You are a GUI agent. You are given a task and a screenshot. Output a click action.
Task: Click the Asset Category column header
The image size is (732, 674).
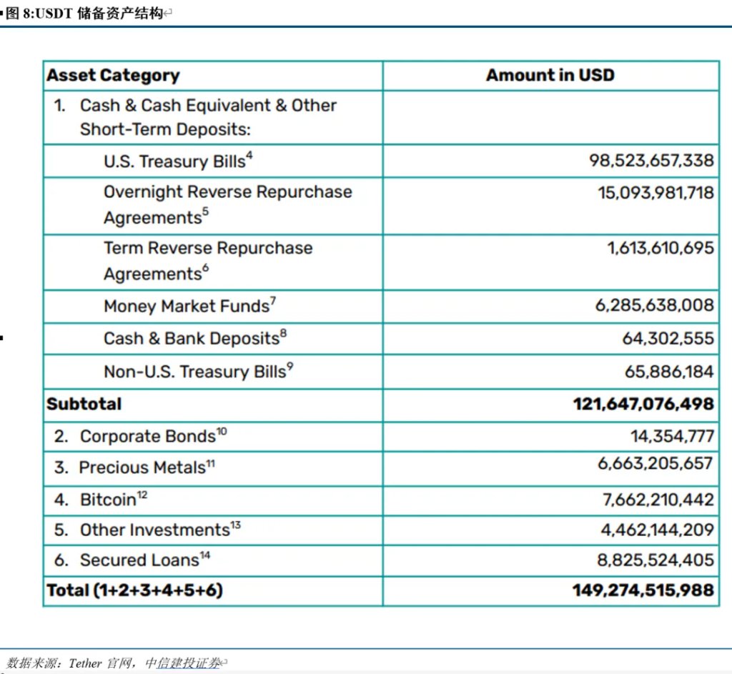tap(113, 75)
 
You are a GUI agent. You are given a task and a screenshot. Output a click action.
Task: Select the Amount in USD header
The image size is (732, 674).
tap(550, 75)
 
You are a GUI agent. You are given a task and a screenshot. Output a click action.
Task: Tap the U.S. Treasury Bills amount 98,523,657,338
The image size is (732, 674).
tap(651, 161)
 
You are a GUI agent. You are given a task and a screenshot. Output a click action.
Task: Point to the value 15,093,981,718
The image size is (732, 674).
tap(656, 192)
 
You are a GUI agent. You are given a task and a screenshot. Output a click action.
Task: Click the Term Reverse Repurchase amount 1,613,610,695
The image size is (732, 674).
tap(661, 248)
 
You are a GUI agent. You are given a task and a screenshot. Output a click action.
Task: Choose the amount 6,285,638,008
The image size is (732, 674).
tap(654, 306)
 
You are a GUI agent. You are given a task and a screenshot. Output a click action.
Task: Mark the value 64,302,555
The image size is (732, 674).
tap(668, 338)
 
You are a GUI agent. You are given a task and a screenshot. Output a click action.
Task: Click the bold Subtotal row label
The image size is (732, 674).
tap(84, 404)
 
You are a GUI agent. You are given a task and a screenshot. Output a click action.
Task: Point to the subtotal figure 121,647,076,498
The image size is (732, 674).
tap(643, 404)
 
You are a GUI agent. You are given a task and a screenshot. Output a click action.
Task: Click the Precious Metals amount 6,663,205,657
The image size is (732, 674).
tap(656, 463)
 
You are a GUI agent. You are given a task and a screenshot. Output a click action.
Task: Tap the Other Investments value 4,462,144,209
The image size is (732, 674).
tap(657, 530)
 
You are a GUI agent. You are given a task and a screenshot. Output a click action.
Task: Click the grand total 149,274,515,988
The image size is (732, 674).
tap(643, 590)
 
